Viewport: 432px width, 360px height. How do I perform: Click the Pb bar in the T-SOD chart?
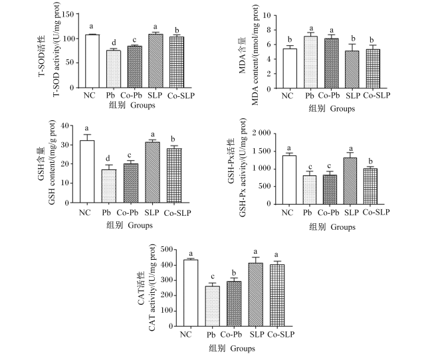(x=113, y=69)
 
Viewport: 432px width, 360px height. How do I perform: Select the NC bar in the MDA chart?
(x=290, y=68)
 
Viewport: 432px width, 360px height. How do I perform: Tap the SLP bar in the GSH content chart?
(x=152, y=173)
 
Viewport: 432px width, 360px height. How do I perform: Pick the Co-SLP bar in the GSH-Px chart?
(x=370, y=186)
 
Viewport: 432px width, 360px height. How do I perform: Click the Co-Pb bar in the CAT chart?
(x=234, y=304)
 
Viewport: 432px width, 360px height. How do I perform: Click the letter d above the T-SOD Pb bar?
(x=114, y=43)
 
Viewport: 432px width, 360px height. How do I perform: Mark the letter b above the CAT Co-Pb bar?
(x=234, y=273)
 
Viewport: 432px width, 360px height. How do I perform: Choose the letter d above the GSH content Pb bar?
(x=108, y=158)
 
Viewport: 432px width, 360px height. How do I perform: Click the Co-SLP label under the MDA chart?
(x=377, y=96)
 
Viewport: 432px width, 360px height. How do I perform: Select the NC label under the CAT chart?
(x=185, y=334)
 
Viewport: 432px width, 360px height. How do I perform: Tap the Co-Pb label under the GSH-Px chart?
(x=328, y=213)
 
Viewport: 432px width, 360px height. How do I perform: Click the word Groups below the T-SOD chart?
(x=143, y=105)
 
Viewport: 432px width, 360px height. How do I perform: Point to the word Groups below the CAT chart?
(x=243, y=349)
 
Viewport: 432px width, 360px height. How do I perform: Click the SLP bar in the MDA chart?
(x=352, y=70)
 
